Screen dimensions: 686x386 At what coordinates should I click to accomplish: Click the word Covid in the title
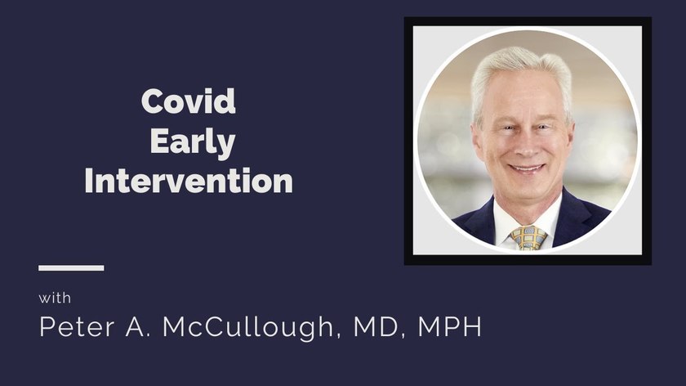click(188, 101)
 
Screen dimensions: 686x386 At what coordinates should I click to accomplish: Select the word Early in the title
click(193, 142)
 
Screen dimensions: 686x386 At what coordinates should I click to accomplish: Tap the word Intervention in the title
click(189, 181)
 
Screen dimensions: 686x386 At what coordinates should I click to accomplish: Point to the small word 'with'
click(55, 298)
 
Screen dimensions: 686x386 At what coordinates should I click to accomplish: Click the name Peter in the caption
click(77, 326)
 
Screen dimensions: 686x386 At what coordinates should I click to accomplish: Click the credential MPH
click(449, 326)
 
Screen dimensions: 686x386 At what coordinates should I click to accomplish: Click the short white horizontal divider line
click(71, 267)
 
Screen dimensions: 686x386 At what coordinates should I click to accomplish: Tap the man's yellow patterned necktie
click(528, 238)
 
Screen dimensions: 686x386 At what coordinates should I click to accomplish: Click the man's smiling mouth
click(527, 168)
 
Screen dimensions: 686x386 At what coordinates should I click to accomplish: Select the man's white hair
click(521, 74)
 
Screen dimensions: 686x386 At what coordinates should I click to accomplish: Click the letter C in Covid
click(153, 101)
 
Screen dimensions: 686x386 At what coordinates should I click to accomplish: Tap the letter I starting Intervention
click(89, 181)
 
